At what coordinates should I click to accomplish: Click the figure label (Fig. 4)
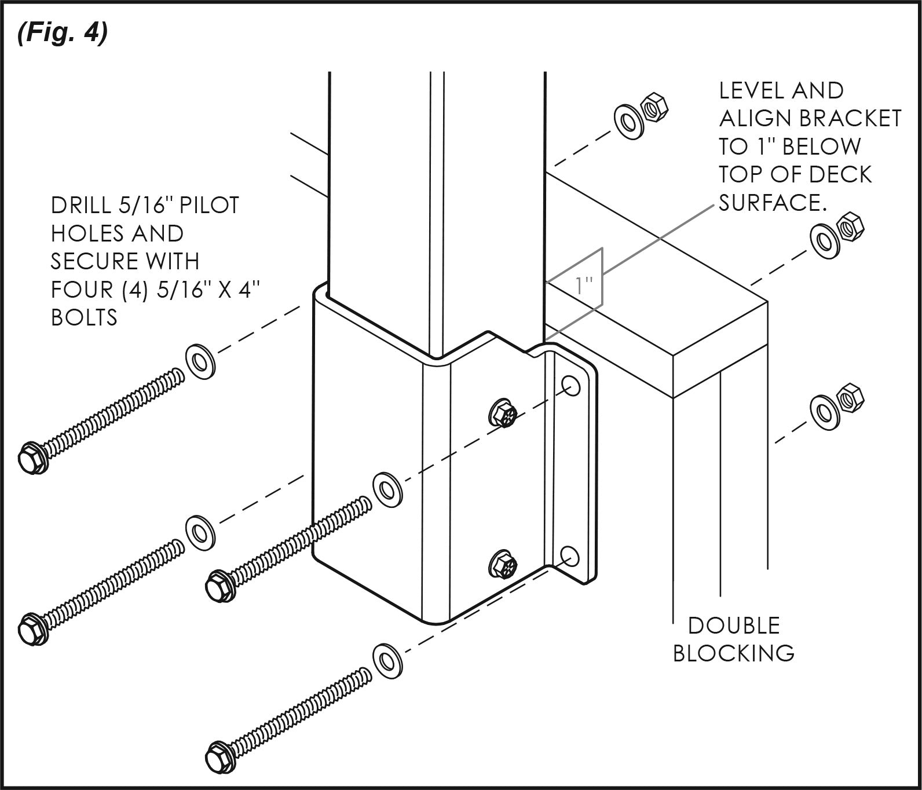63,34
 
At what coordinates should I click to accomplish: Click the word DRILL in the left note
86,206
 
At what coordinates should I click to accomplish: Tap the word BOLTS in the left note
84,317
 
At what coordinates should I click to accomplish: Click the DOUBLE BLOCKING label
733,639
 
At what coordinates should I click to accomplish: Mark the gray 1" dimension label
585,285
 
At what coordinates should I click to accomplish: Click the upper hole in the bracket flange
571,385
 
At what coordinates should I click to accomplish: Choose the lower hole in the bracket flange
570,555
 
